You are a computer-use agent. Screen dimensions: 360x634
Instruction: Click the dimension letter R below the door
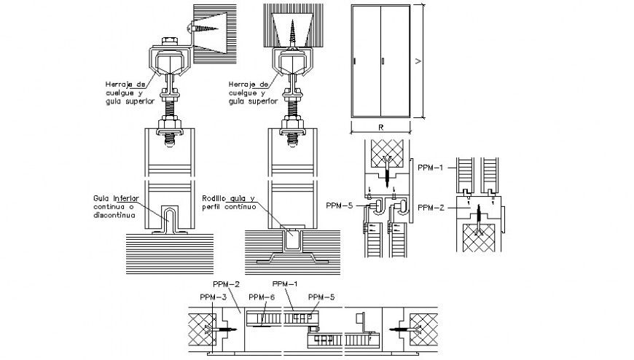click(x=381, y=126)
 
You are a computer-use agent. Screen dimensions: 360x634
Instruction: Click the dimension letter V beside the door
click(x=418, y=62)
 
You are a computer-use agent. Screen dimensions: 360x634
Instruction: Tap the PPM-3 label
click(x=213, y=297)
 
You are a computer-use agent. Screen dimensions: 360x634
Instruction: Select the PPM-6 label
click(x=261, y=297)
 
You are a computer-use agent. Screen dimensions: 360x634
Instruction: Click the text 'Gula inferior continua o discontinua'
click(x=116, y=205)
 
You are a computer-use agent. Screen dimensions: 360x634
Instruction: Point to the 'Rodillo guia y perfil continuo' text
click(x=229, y=202)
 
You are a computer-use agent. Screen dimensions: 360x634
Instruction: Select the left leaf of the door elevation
click(x=366, y=61)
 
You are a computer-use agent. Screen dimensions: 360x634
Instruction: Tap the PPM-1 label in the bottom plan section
click(x=285, y=283)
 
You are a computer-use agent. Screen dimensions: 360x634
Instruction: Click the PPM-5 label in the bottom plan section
click(x=321, y=297)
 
